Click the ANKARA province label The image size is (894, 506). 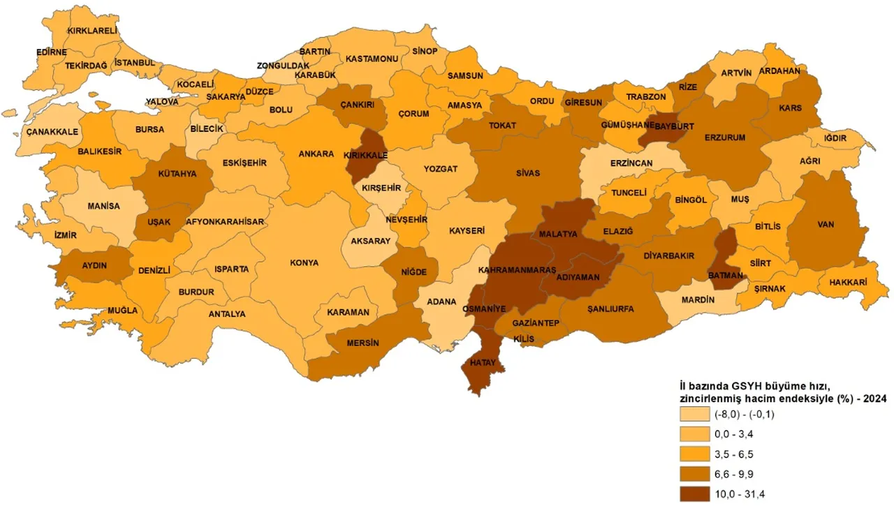point(316,154)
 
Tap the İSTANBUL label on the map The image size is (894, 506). point(134,63)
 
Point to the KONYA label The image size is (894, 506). point(305,263)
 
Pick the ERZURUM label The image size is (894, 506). point(725,137)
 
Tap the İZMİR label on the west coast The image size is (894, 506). point(65,235)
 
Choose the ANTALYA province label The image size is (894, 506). point(227,314)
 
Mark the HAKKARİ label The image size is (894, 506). point(848,283)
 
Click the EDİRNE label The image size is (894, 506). point(52,52)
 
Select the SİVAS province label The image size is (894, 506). point(528,173)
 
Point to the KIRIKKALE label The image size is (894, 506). point(365,157)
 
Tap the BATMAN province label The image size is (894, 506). point(725,276)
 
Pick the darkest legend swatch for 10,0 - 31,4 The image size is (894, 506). point(695,495)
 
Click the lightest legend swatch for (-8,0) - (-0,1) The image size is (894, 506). point(695,414)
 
